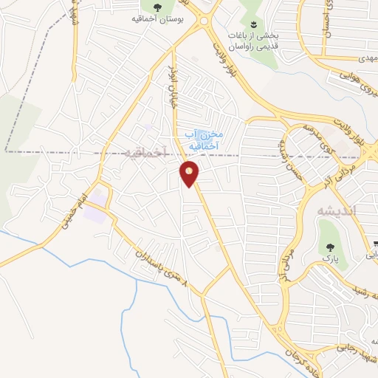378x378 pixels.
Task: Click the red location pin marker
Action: [190, 175]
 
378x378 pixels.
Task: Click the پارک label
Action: [329, 259]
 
